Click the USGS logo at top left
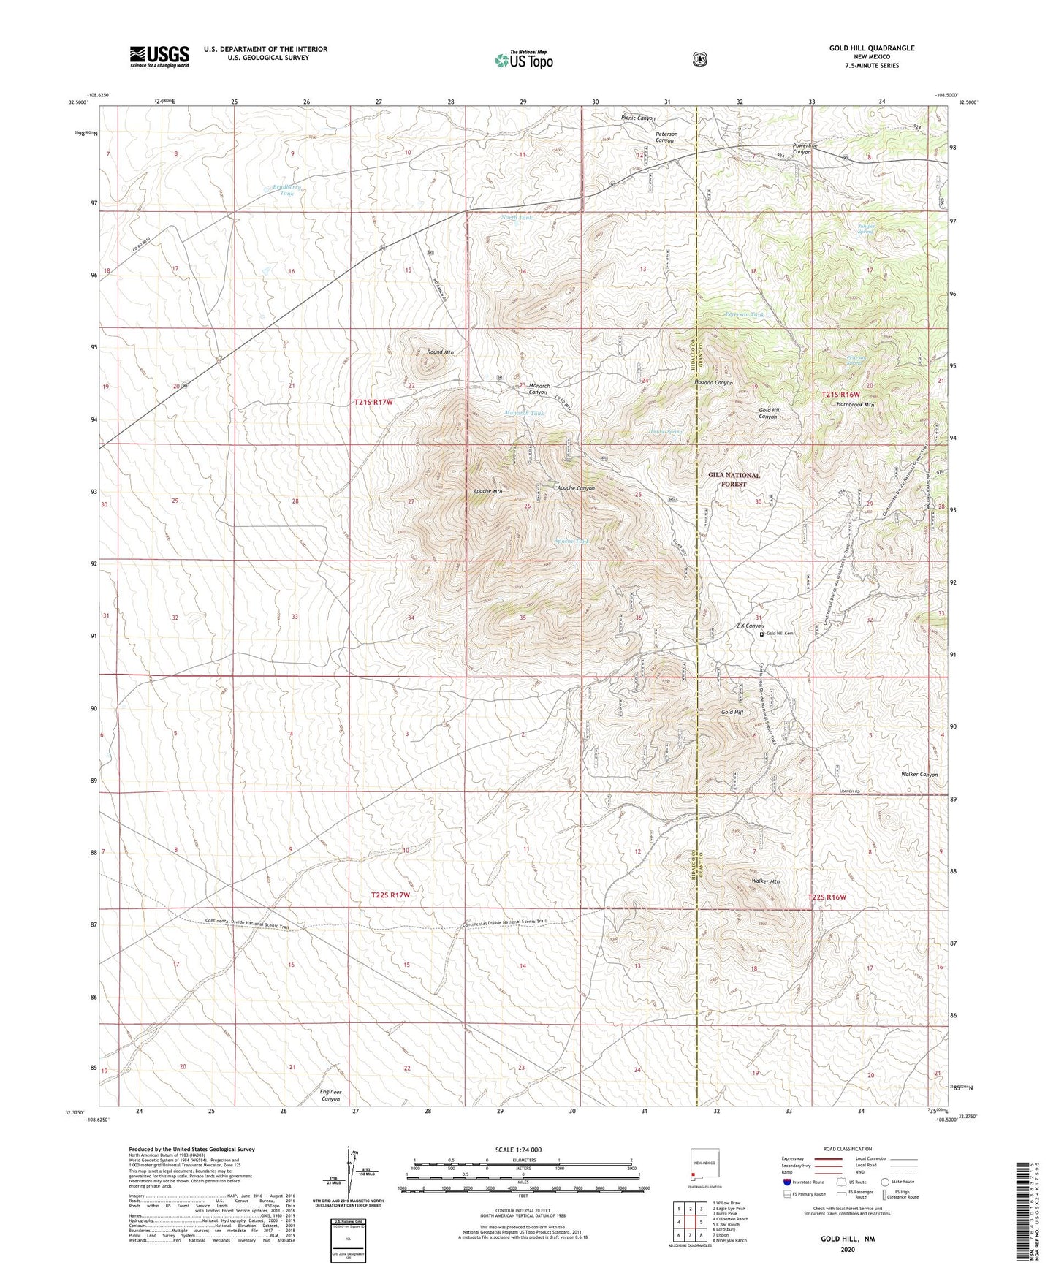click(x=159, y=56)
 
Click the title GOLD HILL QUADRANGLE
click(x=871, y=48)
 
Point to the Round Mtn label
click(x=440, y=352)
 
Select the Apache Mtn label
click(x=487, y=492)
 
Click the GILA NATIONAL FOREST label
click(x=734, y=479)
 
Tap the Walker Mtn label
click(x=765, y=881)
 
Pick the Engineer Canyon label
click(x=330, y=1095)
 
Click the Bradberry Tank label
click(x=286, y=190)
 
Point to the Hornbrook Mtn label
click(x=855, y=404)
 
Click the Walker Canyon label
click(x=919, y=774)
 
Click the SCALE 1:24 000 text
click(x=518, y=1150)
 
